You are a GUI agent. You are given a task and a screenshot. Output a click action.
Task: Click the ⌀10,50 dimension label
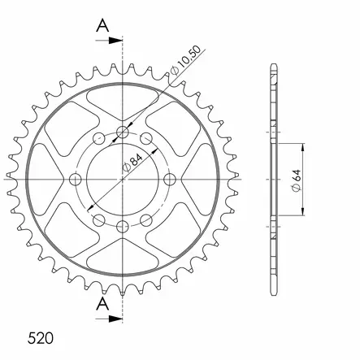tap(186, 61)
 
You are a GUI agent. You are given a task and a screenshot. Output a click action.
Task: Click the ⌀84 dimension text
tap(132, 163)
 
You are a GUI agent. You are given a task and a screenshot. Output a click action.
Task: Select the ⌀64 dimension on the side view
tap(297, 180)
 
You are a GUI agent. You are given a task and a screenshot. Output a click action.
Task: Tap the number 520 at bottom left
tap(41, 338)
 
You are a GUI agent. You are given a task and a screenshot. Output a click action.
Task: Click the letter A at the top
tap(103, 26)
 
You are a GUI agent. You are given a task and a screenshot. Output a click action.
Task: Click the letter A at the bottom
tap(103, 304)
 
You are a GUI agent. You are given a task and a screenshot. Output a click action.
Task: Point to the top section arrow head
tap(115, 41)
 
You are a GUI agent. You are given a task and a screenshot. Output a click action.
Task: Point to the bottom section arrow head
tap(115, 319)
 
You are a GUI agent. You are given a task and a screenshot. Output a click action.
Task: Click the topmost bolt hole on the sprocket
tap(123, 132)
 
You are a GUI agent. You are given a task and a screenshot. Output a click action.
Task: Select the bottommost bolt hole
tap(123, 226)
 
